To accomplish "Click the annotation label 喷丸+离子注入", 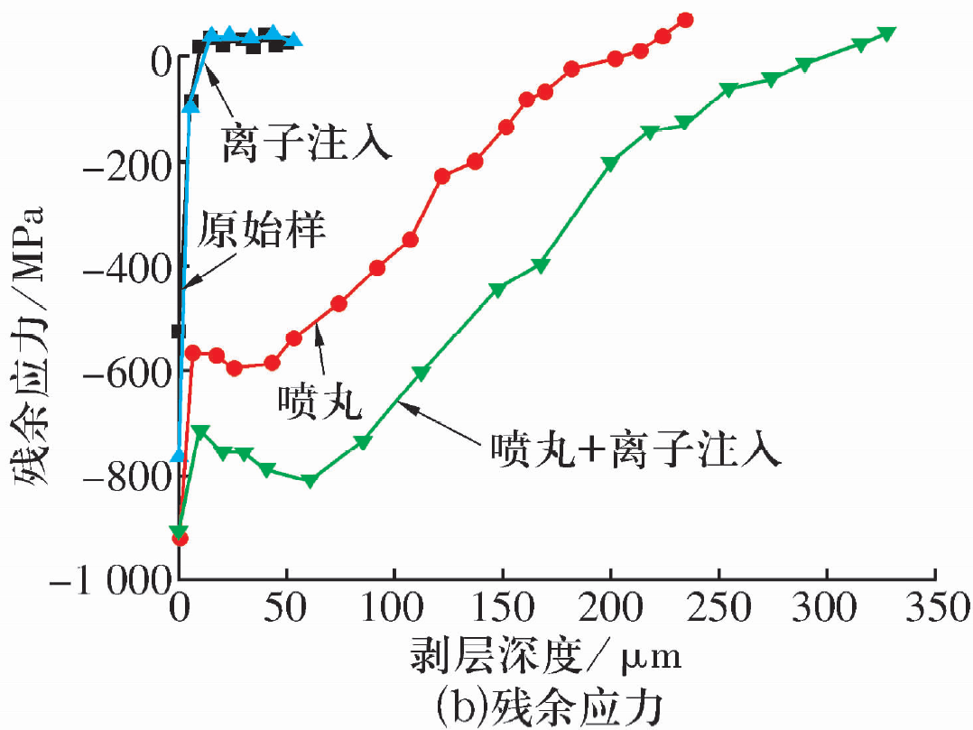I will click(x=632, y=448).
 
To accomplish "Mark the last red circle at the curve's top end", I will click(x=685, y=20).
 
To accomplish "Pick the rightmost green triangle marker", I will click(x=886, y=33).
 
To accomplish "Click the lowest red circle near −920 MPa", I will click(x=180, y=539).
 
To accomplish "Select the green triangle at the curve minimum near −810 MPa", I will click(x=310, y=481).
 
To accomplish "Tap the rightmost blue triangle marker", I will click(x=293, y=39).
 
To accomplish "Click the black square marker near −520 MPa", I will click(x=179, y=331).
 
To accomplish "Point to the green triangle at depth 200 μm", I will click(x=610, y=163).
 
